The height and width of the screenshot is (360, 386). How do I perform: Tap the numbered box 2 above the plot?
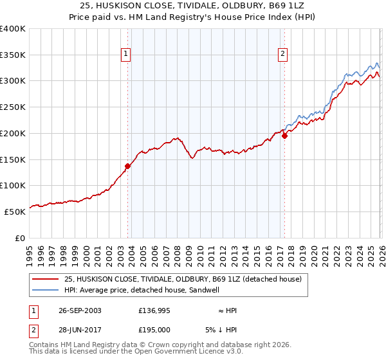coord(282,55)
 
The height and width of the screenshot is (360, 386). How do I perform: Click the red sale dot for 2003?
coord(128,166)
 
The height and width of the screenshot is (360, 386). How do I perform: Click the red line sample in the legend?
coord(47,280)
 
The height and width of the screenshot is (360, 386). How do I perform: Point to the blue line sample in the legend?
coord(47,290)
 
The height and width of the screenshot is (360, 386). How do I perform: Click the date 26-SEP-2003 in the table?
coord(77,310)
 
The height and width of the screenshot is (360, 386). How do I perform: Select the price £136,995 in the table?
coord(155,310)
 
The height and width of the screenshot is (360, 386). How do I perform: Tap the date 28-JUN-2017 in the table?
coord(77,329)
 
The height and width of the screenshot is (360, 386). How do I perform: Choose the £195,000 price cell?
coord(155,329)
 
